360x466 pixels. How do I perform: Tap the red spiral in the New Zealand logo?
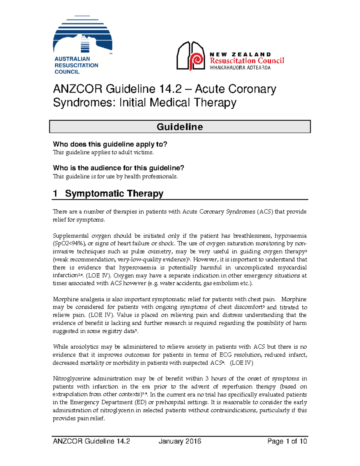click(x=197, y=60)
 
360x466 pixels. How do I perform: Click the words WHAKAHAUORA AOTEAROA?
click(x=240, y=68)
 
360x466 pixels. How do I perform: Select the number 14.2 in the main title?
click(x=170, y=89)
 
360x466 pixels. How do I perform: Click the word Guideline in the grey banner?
click(x=180, y=127)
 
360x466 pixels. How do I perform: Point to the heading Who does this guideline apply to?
click(x=110, y=144)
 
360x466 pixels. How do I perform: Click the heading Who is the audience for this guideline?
click(x=118, y=168)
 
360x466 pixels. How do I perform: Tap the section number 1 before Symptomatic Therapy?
click(x=55, y=194)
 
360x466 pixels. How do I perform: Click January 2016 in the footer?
click(x=180, y=441)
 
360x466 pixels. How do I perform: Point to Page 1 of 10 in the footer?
click(x=287, y=441)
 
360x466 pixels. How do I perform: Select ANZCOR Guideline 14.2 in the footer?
click(x=91, y=441)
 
